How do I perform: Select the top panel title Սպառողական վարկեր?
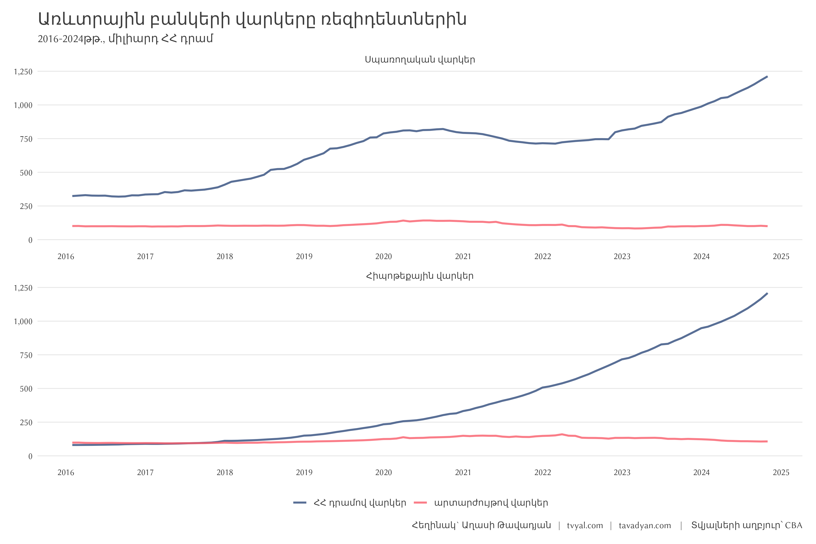click(420, 60)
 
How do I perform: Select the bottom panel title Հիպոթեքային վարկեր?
click(420, 276)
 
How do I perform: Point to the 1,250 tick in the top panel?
click(23, 72)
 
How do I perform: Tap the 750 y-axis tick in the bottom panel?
click(26, 355)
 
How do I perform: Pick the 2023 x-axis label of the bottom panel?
click(622, 473)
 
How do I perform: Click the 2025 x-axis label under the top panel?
click(781, 257)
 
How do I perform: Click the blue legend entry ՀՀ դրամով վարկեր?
click(359, 503)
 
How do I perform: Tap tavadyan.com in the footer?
click(645, 526)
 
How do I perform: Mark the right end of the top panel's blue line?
click(767, 77)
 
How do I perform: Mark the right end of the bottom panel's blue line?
click(767, 294)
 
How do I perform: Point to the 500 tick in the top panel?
click(26, 173)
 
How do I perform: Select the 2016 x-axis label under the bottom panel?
click(66, 473)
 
